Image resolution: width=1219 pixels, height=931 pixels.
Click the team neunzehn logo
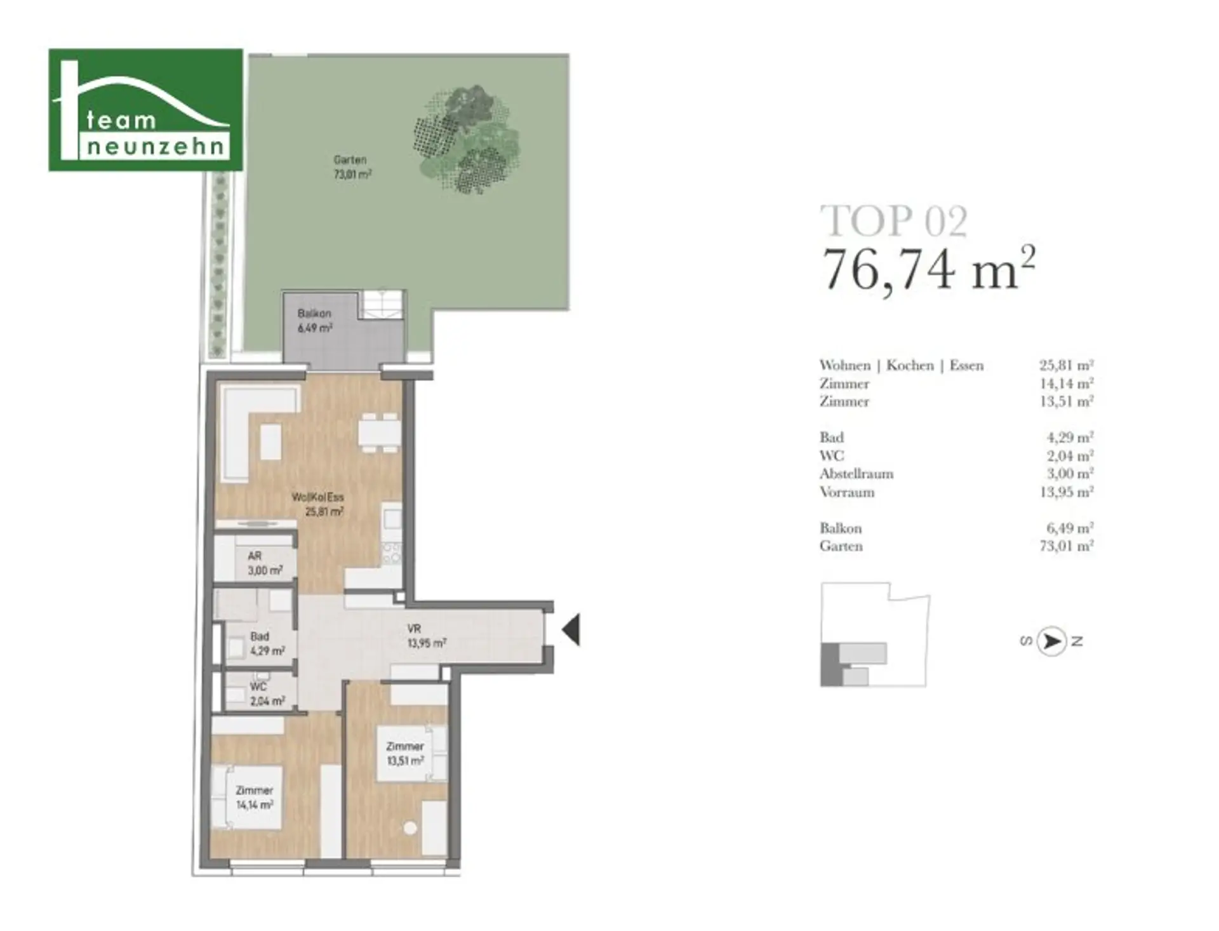[x=145, y=110]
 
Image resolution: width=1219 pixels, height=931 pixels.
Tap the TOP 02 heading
[x=894, y=221]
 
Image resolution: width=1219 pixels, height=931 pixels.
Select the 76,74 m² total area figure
[x=928, y=268]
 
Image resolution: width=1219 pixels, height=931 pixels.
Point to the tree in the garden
[x=467, y=139]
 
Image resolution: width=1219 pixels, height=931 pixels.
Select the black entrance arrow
[x=571, y=630]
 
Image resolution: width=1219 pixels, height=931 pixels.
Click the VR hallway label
[x=426, y=636]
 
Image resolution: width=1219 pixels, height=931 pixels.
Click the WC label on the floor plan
[x=267, y=693]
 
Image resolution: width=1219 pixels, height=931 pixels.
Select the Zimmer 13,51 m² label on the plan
[x=405, y=753]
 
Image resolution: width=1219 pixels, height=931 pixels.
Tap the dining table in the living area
[x=378, y=432]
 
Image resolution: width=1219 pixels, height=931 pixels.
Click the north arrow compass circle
[x=1051, y=641]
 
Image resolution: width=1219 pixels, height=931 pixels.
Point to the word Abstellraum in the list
[x=856, y=474]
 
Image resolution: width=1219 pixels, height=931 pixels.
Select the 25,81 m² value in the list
[x=1067, y=365]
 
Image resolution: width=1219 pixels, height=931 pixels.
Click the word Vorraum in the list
[x=847, y=492]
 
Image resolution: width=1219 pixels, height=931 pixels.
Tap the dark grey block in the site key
[x=829, y=664]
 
